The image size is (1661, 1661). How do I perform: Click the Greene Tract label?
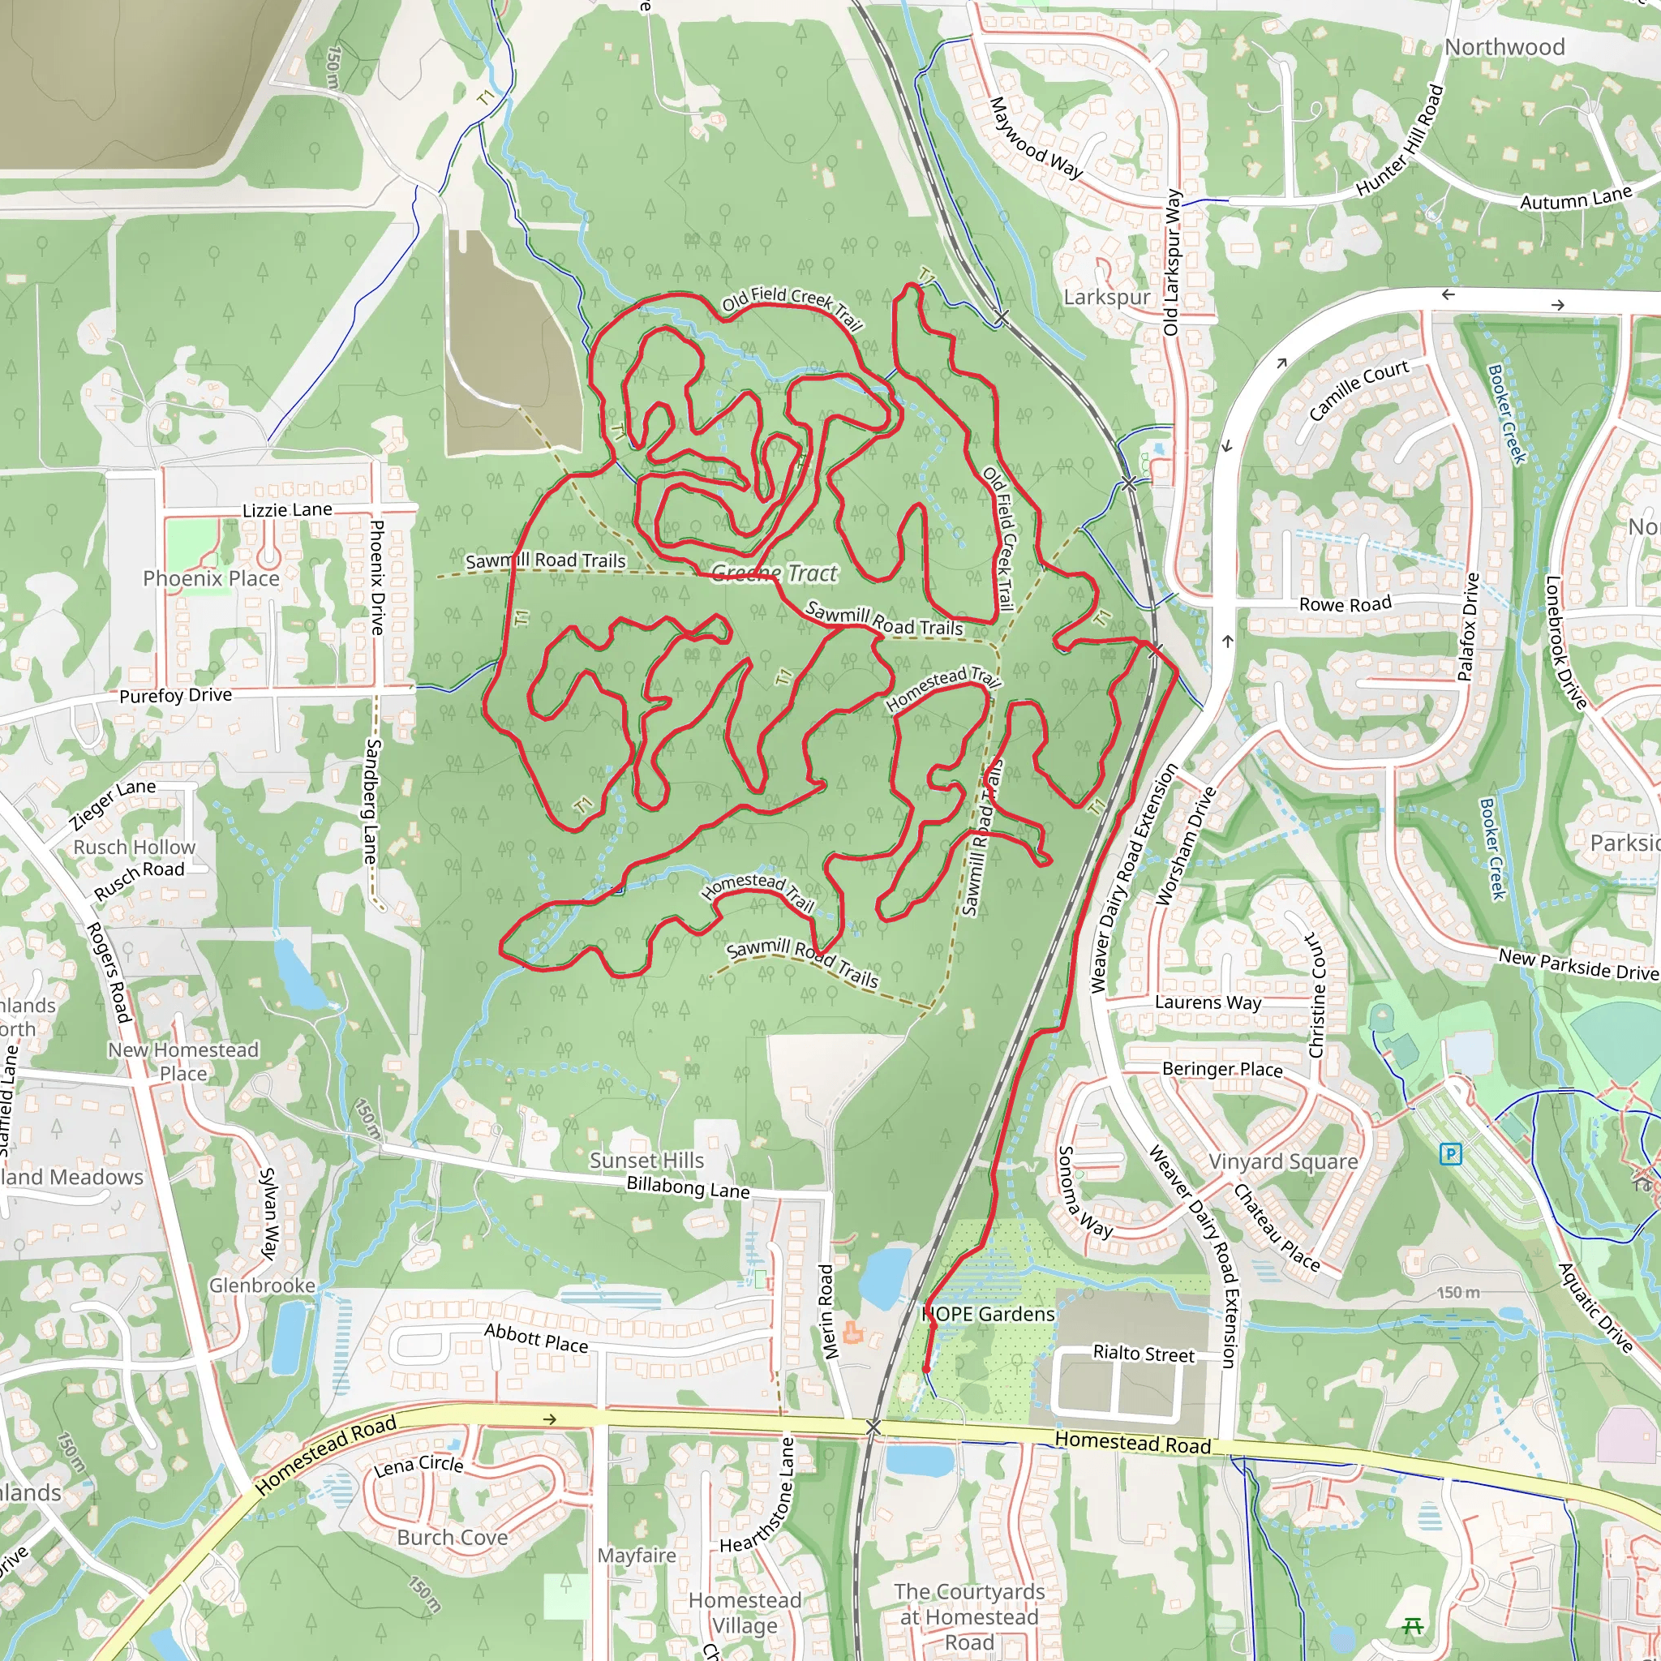click(774, 573)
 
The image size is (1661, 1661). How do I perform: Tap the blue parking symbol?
click(1450, 1154)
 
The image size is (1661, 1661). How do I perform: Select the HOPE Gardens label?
click(988, 1314)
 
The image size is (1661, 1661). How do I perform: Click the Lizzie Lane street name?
click(287, 510)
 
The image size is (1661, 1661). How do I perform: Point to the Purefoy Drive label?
click(175, 695)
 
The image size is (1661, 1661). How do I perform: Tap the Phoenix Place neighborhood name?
click(211, 578)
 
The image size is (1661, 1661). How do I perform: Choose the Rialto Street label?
click(1144, 1354)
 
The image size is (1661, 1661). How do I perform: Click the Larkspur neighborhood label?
click(1106, 298)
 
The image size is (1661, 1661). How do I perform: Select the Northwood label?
click(1504, 47)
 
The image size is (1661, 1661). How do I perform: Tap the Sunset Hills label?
click(646, 1161)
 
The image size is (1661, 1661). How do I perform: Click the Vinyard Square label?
click(1283, 1161)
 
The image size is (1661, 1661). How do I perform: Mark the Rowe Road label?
click(1345, 604)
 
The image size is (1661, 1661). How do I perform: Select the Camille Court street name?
click(1358, 389)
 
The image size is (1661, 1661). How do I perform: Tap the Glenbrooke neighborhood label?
click(262, 1285)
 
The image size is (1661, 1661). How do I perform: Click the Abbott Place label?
click(535, 1337)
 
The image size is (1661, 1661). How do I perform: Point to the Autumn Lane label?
click(1575, 199)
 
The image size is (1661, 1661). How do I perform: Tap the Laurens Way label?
click(1208, 1002)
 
